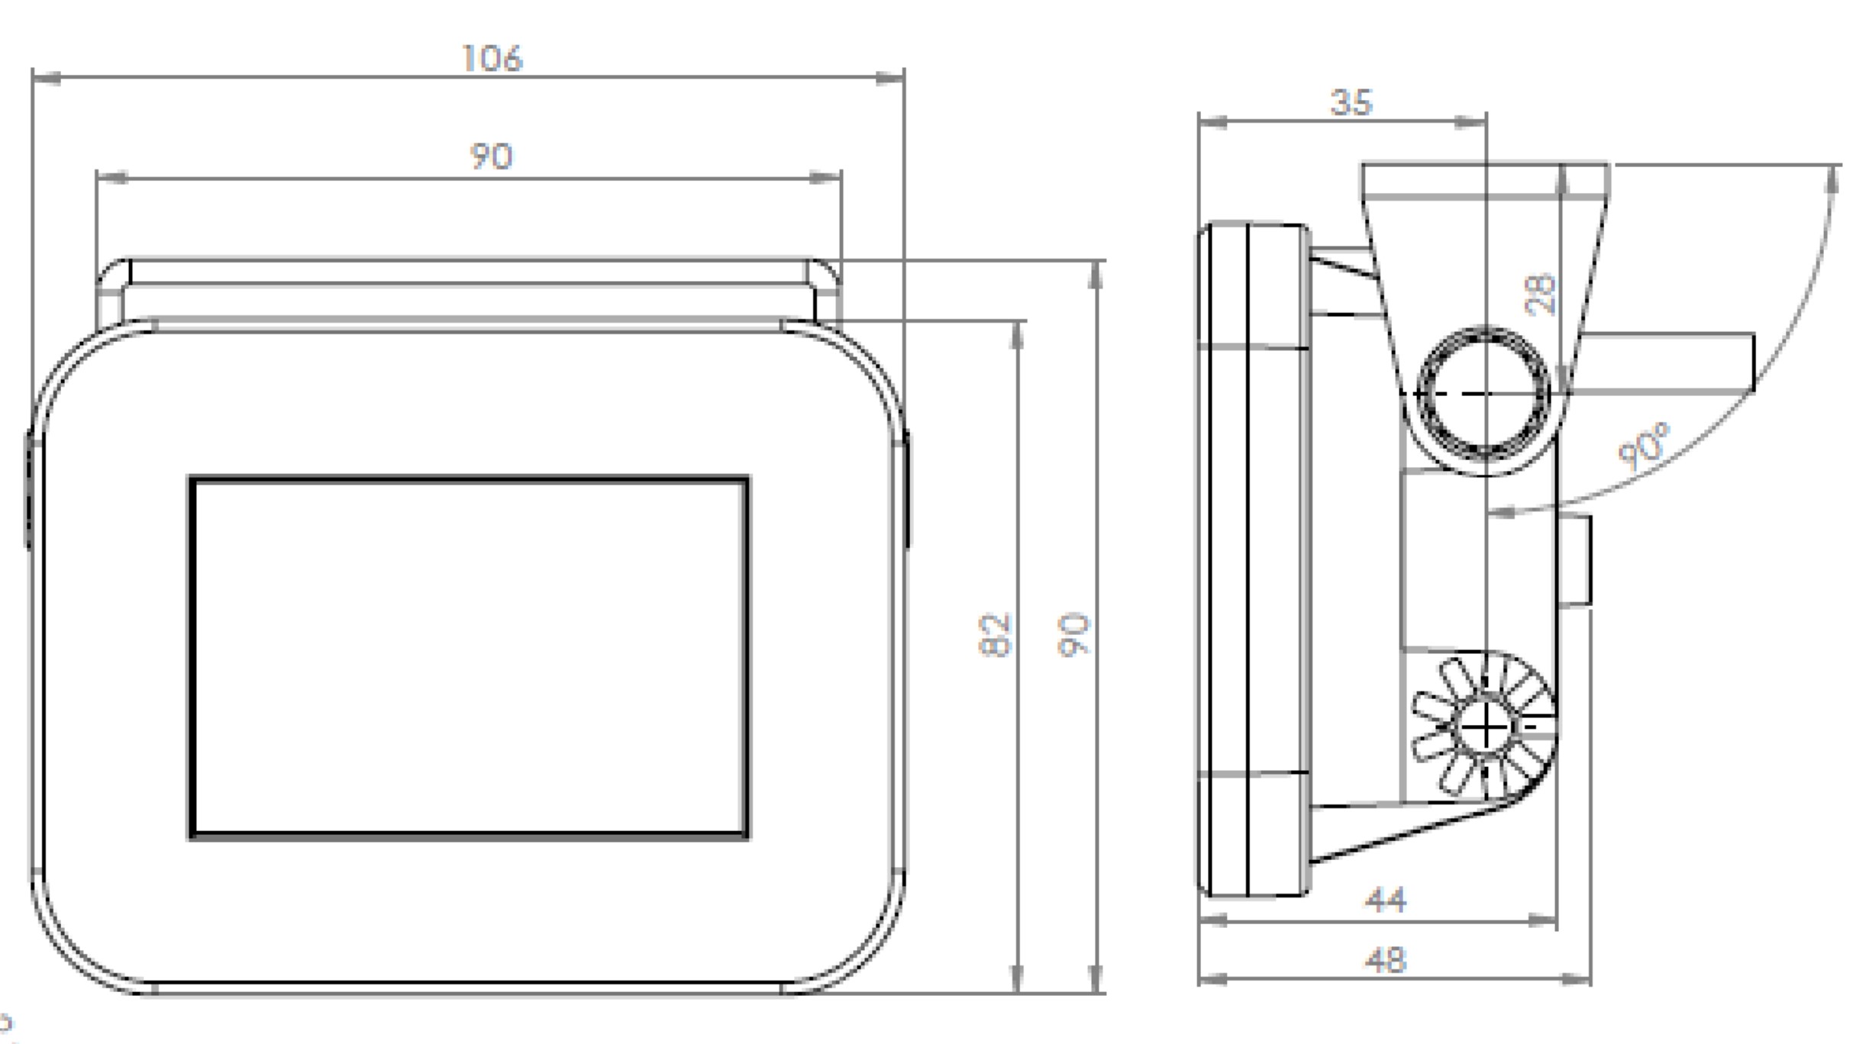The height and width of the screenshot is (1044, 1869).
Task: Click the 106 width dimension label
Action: pos(492,59)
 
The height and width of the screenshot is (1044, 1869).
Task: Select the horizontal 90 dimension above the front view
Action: pos(491,156)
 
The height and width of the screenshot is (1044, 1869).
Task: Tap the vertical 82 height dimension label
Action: pos(994,635)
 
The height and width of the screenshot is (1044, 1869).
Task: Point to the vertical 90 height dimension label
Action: pos(1073,635)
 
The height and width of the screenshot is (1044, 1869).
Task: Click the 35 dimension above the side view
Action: pos(1351,103)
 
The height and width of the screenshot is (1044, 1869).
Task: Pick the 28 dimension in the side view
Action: pos(1541,294)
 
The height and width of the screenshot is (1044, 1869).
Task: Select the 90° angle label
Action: pos(1644,446)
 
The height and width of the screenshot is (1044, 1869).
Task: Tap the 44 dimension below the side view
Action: pos(1385,901)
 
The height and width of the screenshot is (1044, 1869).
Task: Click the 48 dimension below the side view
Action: pos(1385,961)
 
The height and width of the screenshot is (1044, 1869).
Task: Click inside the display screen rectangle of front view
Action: pos(469,658)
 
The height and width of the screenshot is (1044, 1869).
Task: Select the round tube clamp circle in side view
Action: pos(1483,395)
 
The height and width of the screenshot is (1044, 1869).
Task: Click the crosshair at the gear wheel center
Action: pos(1485,729)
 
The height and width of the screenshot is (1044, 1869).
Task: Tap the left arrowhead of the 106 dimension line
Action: pos(46,78)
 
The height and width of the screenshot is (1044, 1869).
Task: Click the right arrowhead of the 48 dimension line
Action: pos(1577,979)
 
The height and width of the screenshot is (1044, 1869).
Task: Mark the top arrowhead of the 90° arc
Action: pos(1833,179)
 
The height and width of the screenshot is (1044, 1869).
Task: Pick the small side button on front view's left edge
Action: pos(28,488)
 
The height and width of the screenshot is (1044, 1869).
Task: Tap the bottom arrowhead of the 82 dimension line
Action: pos(1016,978)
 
